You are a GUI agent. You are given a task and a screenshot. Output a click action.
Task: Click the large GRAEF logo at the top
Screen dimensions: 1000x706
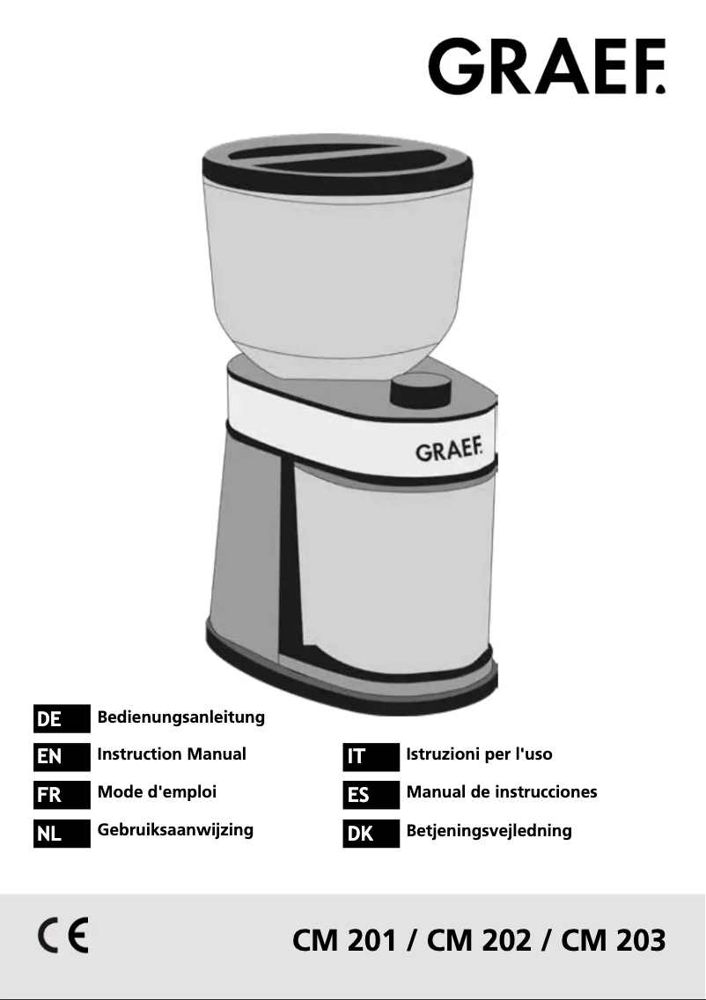coord(547,65)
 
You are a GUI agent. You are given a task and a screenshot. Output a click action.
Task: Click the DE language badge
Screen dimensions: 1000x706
coord(62,719)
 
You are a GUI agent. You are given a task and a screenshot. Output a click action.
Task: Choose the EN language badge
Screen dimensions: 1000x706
coord(62,756)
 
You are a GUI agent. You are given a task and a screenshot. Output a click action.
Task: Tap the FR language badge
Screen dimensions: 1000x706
coord(62,794)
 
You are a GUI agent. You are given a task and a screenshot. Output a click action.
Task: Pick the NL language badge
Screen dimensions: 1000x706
coord(62,832)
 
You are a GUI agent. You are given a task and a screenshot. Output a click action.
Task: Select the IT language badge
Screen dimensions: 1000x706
coord(371,756)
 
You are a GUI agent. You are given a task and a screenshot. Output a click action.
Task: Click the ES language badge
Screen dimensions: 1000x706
coord(371,794)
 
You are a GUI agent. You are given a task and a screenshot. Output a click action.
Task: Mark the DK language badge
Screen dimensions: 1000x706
coord(371,832)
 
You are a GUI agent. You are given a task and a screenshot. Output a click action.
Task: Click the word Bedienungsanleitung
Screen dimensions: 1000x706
coord(180,717)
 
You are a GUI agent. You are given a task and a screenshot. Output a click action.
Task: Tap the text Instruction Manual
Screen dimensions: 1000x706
coord(172,754)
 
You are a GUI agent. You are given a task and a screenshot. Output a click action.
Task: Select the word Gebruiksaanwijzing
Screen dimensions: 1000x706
coord(175,829)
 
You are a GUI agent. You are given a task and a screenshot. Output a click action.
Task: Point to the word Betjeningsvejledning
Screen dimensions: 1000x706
coord(489,830)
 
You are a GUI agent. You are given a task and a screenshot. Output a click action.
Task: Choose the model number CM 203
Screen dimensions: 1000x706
coord(613,940)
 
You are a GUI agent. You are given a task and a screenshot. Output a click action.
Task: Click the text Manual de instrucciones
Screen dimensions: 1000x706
coord(501,791)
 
